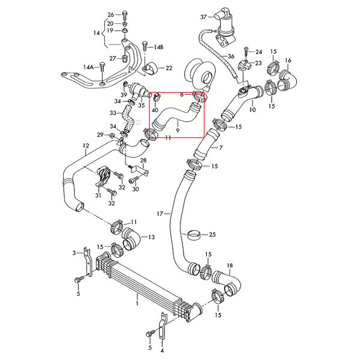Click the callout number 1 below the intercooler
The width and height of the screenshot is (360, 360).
137,304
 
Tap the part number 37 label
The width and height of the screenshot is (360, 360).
203,16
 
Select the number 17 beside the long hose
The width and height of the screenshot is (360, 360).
160,213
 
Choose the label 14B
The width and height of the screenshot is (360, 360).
158,47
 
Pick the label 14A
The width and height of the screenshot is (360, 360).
88,67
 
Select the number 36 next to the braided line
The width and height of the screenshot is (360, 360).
230,57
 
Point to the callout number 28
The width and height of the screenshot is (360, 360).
143,161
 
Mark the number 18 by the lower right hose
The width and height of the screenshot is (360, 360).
230,265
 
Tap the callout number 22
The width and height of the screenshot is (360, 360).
169,68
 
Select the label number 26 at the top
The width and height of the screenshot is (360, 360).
110,14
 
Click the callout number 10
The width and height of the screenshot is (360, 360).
253,110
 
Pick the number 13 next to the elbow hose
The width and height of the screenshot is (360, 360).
152,238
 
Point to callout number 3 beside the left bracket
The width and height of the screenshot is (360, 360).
74,253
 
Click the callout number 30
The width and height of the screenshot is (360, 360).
135,190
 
